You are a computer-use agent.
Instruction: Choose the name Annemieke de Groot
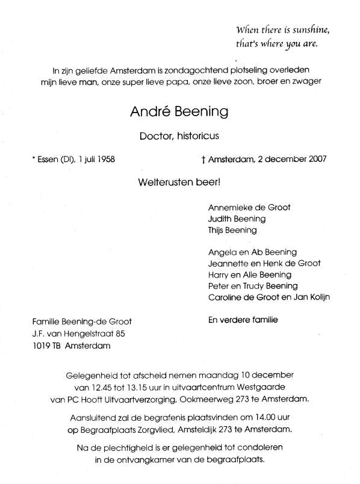(x=249, y=207)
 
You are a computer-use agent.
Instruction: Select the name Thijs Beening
(x=232, y=230)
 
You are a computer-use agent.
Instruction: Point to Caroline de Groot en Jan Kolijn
(x=269, y=297)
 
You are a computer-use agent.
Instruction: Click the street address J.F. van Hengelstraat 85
(x=80, y=333)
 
